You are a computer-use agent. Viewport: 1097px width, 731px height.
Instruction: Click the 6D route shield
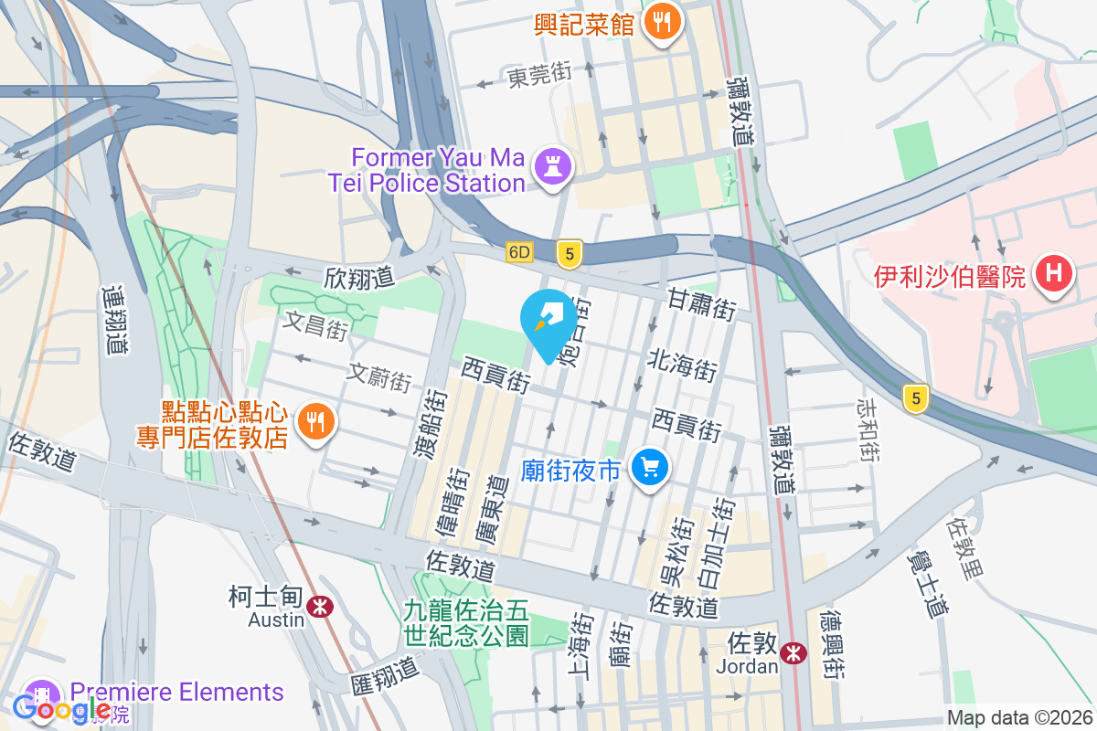pyautogui.click(x=519, y=252)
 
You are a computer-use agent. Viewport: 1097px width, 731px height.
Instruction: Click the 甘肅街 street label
pyautogui.click(x=701, y=302)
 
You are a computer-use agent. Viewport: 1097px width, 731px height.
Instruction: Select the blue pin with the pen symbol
pyautogui.click(x=548, y=320)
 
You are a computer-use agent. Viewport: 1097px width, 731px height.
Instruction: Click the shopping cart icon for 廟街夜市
pyautogui.click(x=650, y=469)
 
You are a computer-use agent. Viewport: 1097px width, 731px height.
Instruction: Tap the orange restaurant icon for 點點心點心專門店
pyautogui.click(x=316, y=421)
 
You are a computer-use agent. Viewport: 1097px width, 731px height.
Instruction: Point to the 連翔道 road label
pyautogui.click(x=112, y=320)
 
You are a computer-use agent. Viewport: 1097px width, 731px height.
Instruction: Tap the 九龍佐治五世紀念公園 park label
pyautogui.click(x=467, y=621)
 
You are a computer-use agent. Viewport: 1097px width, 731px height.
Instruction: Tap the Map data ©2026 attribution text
pyautogui.click(x=1019, y=718)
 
